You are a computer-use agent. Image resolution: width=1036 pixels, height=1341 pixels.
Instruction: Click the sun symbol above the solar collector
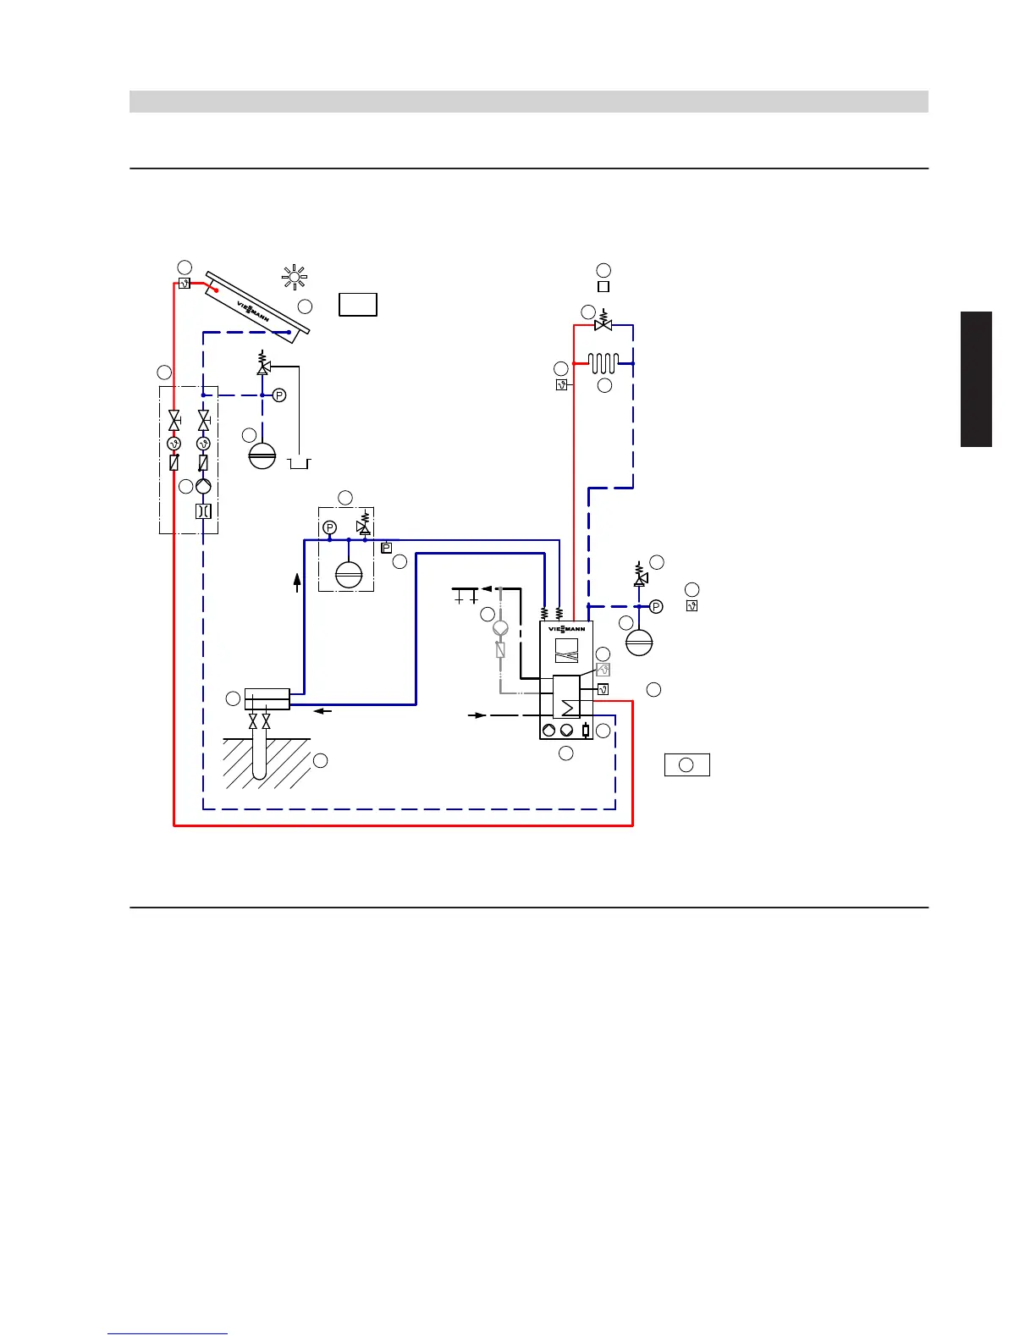(295, 277)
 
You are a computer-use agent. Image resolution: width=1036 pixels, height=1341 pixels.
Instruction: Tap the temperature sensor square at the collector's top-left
(184, 284)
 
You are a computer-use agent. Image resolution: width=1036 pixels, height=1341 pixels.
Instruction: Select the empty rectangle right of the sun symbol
(358, 304)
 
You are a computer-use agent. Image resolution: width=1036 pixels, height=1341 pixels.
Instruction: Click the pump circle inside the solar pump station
(204, 487)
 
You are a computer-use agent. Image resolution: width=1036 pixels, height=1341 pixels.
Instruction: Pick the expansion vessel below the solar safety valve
(262, 455)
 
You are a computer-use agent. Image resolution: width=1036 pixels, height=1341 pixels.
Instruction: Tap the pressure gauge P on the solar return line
(279, 395)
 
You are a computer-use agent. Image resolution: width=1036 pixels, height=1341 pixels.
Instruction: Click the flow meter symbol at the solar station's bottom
(204, 511)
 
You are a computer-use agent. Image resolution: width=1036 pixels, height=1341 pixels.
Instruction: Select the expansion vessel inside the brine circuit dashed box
(348, 576)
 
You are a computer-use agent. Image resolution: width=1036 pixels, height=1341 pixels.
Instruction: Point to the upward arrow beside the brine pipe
(297, 582)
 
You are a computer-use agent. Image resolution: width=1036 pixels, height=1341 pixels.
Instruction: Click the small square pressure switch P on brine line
(387, 549)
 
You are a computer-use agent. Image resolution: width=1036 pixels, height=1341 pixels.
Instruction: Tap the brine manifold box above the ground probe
(267, 699)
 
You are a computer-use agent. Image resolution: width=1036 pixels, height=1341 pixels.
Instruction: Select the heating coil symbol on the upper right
(603, 363)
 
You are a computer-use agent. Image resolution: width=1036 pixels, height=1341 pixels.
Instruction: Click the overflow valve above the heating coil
(603, 324)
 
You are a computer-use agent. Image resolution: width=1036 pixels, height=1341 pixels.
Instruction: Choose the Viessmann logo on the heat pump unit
(566, 629)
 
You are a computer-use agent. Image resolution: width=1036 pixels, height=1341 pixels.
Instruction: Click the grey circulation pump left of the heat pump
(500, 628)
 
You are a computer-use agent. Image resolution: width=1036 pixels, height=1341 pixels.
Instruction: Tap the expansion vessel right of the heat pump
(639, 642)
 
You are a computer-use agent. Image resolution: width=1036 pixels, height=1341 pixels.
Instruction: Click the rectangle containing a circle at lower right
(686, 764)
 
